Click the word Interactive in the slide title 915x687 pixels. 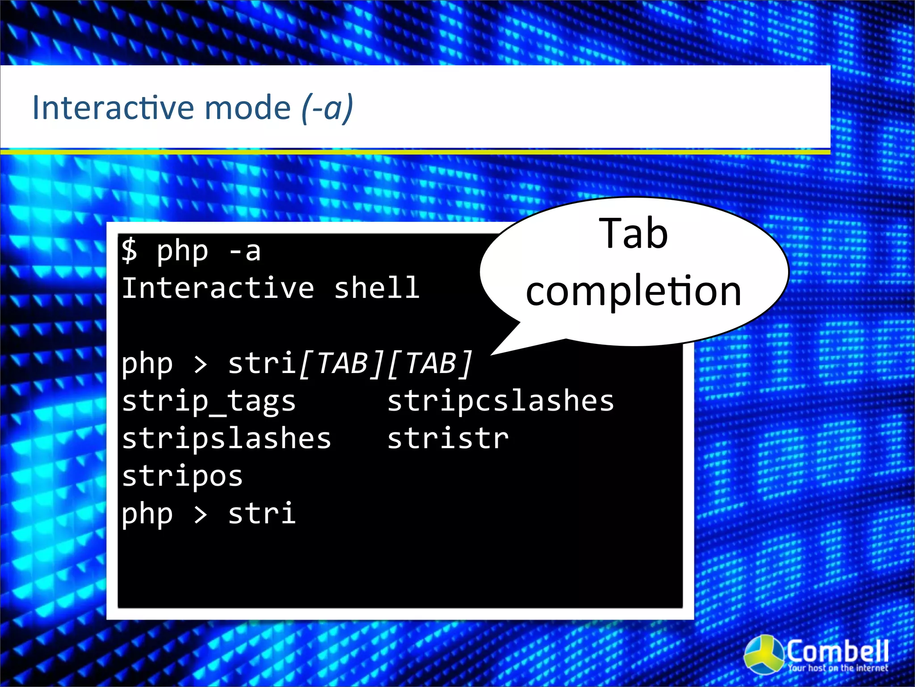[x=114, y=108]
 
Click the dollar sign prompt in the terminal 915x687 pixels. [x=129, y=250]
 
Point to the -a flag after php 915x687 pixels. [x=244, y=251]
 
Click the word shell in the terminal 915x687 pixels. [x=377, y=288]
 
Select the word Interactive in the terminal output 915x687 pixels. [x=218, y=288]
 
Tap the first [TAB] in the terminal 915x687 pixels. [x=342, y=363]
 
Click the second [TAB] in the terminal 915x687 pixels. [x=430, y=363]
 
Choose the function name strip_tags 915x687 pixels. [x=209, y=401]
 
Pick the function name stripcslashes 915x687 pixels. [x=500, y=401]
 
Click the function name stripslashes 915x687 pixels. [x=227, y=439]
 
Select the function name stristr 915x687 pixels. [x=448, y=439]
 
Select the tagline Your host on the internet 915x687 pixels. [x=838, y=668]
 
